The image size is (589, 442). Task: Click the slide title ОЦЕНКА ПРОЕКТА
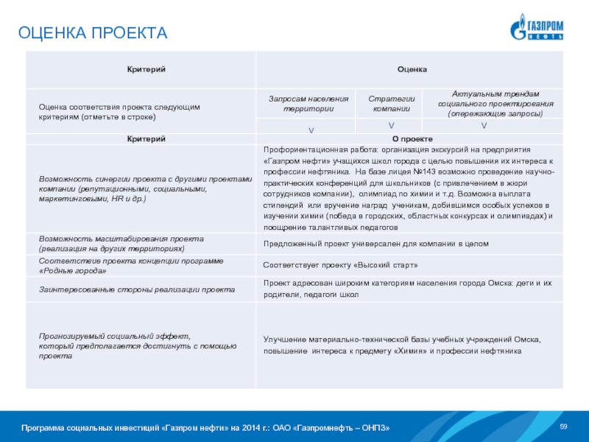click(94, 33)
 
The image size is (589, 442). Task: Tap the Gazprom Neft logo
click(537, 27)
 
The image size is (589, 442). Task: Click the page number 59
click(565, 427)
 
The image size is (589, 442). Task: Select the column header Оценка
click(412, 69)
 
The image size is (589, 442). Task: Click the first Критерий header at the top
click(141, 69)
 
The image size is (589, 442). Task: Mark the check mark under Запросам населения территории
click(311, 130)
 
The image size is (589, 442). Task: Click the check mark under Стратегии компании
click(391, 126)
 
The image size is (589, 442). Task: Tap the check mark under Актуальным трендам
click(484, 126)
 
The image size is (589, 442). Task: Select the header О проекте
click(412, 138)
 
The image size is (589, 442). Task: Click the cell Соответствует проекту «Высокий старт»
click(341, 264)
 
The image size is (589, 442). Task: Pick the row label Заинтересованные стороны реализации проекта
click(137, 290)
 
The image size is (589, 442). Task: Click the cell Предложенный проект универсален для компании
click(376, 243)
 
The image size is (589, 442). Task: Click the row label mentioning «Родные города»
click(133, 264)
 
